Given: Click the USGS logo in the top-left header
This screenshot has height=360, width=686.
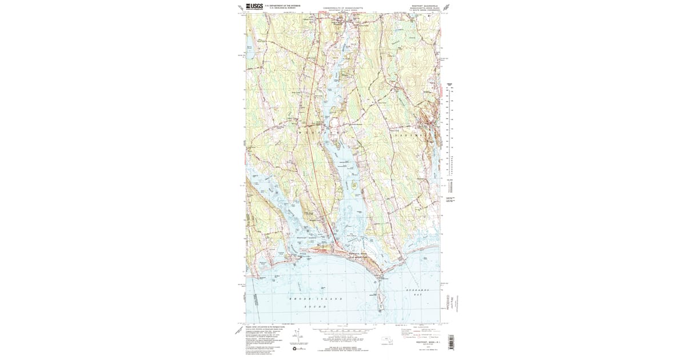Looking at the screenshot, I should click(x=253, y=7).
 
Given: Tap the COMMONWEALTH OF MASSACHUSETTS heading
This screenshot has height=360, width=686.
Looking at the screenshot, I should click(x=342, y=7).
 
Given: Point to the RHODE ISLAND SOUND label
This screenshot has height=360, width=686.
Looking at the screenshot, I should click(x=316, y=302).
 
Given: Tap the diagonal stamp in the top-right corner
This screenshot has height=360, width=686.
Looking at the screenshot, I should click(x=445, y=7).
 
